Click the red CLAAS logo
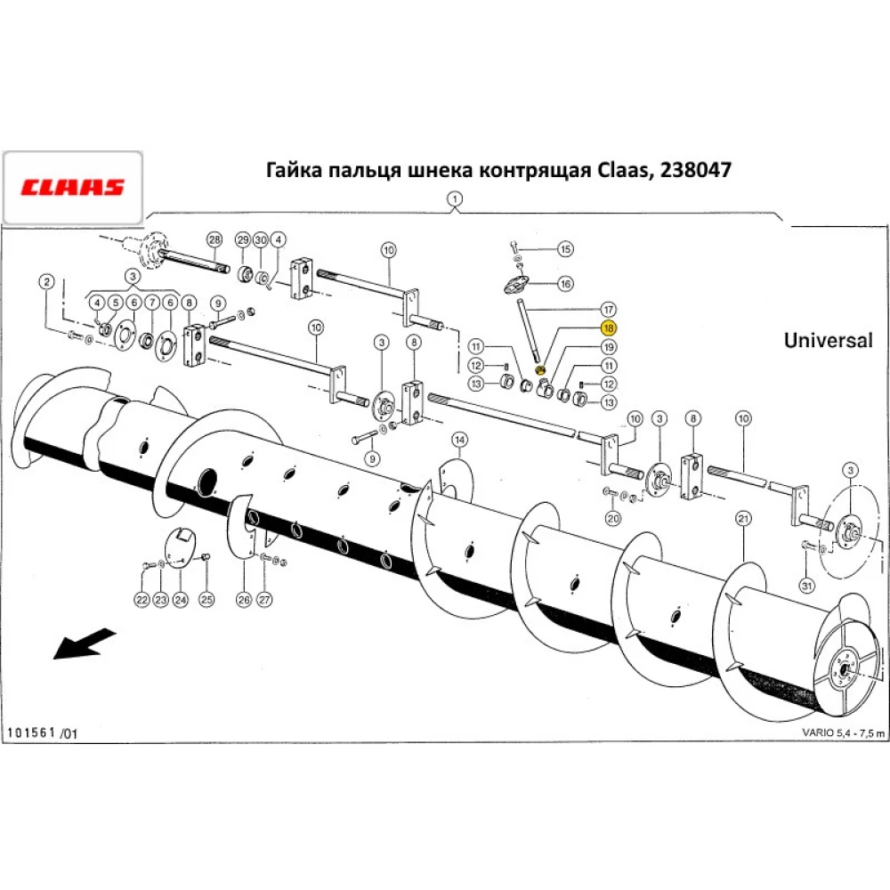point(72,188)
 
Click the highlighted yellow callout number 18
point(610,328)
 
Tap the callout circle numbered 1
point(455,198)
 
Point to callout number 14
point(458,440)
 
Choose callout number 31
point(806,585)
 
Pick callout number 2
point(45,282)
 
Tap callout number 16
point(566,284)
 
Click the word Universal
point(828,340)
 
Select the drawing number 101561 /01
point(43,733)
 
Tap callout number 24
point(181,600)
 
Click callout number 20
point(612,518)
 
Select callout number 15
point(566,248)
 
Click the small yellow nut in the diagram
point(540,370)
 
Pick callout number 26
point(244,600)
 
